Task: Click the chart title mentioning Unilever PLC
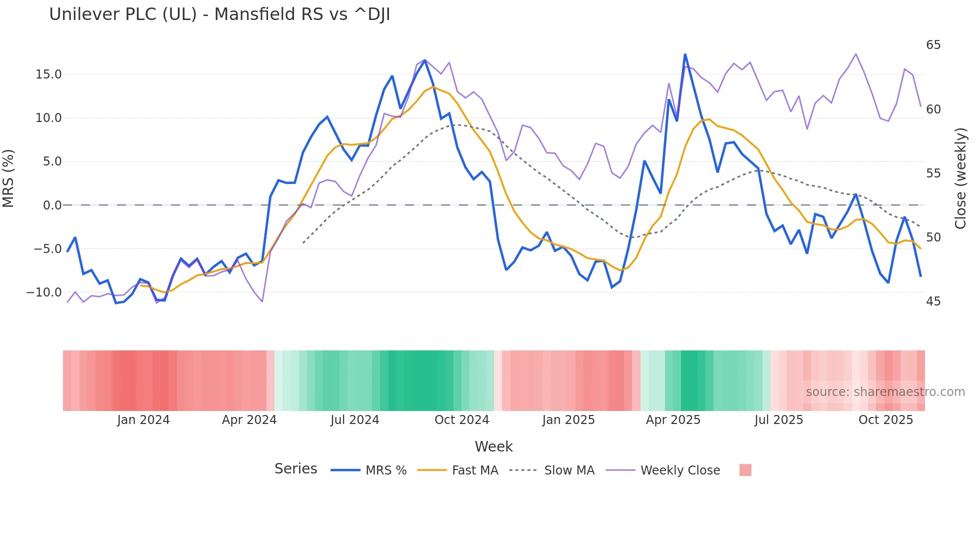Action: (x=219, y=14)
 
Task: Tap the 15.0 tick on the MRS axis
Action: (x=48, y=74)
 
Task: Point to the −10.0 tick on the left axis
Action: (x=44, y=292)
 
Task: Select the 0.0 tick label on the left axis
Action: (x=52, y=205)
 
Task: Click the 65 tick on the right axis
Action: (x=933, y=45)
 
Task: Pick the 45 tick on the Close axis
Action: (x=933, y=301)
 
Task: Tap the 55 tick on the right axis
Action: (x=933, y=173)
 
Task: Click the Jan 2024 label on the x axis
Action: (x=143, y=420)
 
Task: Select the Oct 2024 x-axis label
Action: (x=461, y=420)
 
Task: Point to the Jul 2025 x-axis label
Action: (x=778, y=420)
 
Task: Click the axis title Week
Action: (x=493, y=446)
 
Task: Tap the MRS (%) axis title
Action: (x=8, y=178)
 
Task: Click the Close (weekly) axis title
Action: (x=960, y=178)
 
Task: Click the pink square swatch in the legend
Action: (x=745, y=470)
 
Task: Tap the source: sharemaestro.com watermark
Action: (x=885, y=392)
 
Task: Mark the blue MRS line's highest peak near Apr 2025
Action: (x=685, y=54)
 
